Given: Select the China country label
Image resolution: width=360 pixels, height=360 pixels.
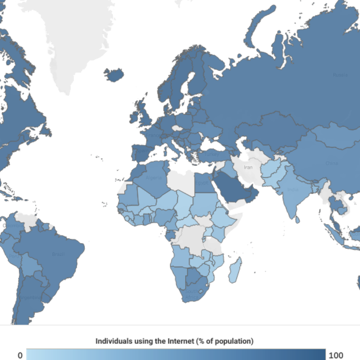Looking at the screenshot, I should pos(331,163).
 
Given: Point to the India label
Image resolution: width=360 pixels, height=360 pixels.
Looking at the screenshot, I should pos(293,189).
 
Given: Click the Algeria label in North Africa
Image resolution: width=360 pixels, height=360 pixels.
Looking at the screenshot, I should pos(154,177).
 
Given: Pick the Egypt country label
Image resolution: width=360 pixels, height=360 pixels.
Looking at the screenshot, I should pos(201,182).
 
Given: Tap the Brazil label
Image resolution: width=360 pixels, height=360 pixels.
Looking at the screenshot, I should pos(58,254).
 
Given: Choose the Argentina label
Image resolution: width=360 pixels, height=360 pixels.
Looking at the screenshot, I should pos(30,297).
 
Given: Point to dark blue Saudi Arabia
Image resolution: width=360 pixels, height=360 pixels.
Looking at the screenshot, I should pos(231,189).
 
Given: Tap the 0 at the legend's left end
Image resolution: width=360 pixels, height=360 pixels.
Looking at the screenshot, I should pos(20,355).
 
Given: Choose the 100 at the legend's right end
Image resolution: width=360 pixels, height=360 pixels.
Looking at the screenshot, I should pos(336,355).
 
